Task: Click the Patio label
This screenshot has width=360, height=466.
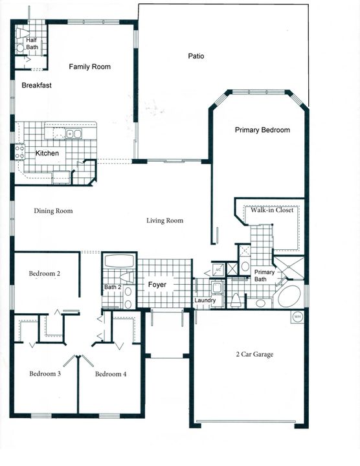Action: pos(197,56)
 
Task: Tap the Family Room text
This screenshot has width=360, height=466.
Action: pos(90,67)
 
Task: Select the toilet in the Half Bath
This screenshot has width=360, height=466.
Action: pos(21,47)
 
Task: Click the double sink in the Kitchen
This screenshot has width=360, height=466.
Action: pos(73,134)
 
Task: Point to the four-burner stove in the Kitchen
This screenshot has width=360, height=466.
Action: pos(19,151)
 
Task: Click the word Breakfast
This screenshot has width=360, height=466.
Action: pos(36,85)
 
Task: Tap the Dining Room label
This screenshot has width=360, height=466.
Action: pos(53,211)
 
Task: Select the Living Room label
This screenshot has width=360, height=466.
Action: pos(164,221)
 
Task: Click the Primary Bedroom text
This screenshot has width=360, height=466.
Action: pos(262,130)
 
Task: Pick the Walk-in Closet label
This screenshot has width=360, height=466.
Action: pos(273,210)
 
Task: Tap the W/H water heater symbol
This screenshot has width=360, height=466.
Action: pos(297,316)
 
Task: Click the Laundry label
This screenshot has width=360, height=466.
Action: pos(205,301)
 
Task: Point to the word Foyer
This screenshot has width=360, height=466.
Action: pos(157,285)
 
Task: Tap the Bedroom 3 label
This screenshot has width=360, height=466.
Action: pos(45,374)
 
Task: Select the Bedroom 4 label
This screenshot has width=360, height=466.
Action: pos(111,374)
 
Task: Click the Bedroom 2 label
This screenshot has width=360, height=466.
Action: pos(45,274)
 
